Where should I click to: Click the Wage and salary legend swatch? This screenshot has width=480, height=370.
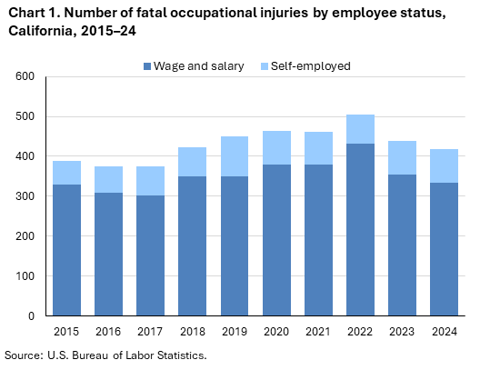pyautogui.click(x=148, y=66)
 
